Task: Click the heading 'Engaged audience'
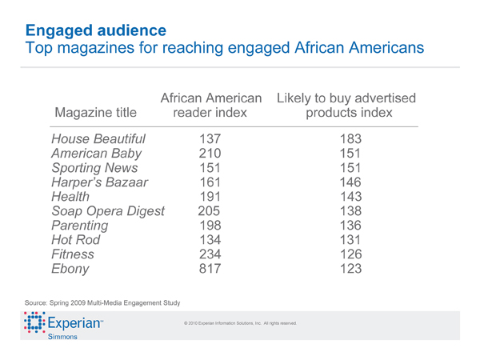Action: [x=96, y=30]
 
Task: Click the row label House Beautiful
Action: [x=98, y=139]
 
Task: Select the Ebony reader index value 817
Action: [x=211, y=269]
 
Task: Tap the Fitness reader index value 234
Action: [x=211, y=254]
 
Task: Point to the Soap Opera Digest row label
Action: [x=108, y=211]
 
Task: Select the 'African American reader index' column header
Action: [x=211, y=105]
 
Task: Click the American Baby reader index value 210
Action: [x=211, y=154]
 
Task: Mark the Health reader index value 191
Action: [x=211, y=197]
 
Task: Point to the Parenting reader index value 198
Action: [x=211, y=226]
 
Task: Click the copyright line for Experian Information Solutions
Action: [x=240, y=323]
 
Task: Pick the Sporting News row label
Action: [x=94, y=168]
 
